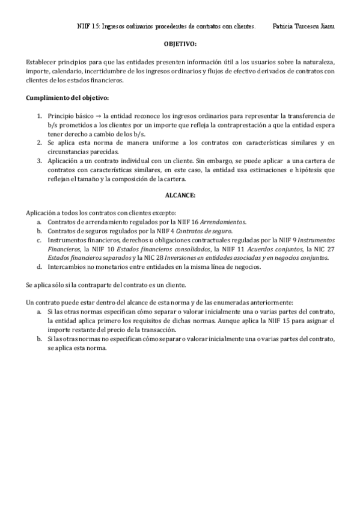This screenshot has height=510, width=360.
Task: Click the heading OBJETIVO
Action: pyautogui.click(x=180, y=45)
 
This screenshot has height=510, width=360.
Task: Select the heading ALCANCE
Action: pyautogui.click(x=180, y=195)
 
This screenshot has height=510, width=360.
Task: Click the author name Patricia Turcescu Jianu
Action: pyautogui.click(x=304, y=26)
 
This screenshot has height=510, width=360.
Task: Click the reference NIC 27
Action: pyautogui.click(x=325, y=248)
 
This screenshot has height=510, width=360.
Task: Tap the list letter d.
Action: pyautogui.click(x=39, y=266)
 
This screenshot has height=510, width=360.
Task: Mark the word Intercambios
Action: pyautogui.click(x=66, y=266)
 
